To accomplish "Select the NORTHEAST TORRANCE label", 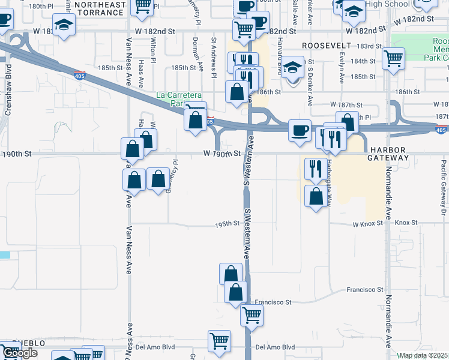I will tap(101, 8).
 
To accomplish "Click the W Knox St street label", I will tap(368, 224).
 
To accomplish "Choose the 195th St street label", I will tap(228, 224).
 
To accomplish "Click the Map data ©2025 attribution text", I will tap(423, 355).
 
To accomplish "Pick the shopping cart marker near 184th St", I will tap(393, 59).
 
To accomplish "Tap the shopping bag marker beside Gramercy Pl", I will tap(158, 179).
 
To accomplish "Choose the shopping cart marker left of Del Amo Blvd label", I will tap(220, 340).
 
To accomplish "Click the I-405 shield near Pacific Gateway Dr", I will tap(441, 130).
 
